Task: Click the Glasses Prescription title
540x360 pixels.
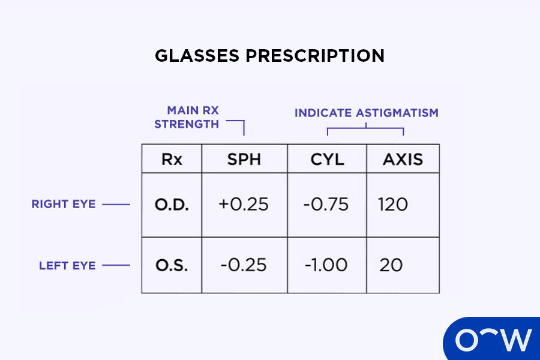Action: pos(269,56)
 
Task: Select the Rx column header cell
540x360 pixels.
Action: pos(172,160)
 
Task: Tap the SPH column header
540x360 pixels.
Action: pos(244,160)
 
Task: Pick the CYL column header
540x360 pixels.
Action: pos(326,160)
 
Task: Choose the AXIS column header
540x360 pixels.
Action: pos(403,160)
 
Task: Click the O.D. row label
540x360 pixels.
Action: pos(171,205)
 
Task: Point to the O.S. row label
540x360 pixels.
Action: pos(171,265)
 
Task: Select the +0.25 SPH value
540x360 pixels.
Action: pos(244,205)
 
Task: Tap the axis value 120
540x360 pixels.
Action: pos(393,205)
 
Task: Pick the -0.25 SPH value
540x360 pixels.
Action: pos(244,265)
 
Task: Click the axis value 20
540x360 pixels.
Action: pos(391,265)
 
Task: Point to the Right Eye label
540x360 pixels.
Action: pos(64,204)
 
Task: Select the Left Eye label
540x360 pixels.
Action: pos(67,265)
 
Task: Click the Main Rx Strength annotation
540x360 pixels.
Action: pos(187,117)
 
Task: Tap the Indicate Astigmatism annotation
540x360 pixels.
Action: pos(366,113)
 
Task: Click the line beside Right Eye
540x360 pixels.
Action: pos(116,205)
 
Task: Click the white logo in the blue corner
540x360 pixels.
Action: pos(493,340)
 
